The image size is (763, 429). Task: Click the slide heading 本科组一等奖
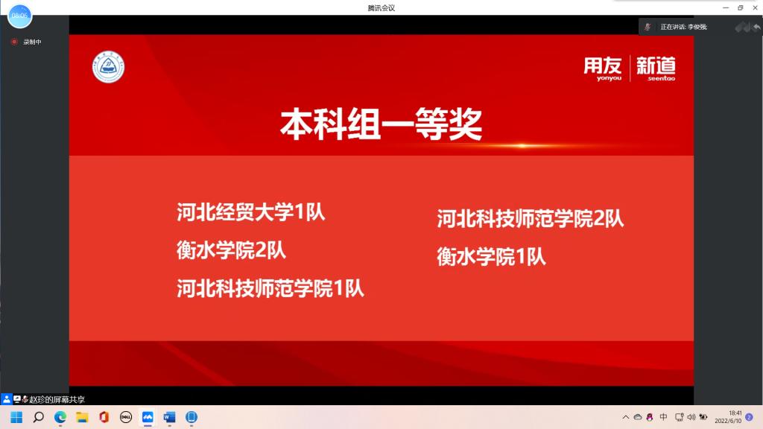tap(381, 124)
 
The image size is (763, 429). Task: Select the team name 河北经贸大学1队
tap(250, 212)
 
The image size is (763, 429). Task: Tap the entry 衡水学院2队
tap(231, 250)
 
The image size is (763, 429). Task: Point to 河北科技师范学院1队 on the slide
tap(270, 288)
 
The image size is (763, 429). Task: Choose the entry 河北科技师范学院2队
tap(530, 218)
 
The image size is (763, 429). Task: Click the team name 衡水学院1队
tap(491, 256)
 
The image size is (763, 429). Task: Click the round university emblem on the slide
tap(108, 66)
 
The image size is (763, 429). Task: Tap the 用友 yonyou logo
tap(602, 69)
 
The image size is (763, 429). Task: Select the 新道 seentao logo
tap(656, 69)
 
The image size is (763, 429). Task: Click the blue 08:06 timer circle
tap(19, 16)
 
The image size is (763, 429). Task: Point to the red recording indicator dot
tap(14, 42)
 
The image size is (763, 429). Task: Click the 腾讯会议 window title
tap(381, 7)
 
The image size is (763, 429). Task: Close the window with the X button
tap(755, 7)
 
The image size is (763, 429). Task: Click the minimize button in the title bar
tap(726, 7)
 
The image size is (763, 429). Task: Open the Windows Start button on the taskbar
tap(16, 417)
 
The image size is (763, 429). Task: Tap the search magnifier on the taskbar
tap(38, 417)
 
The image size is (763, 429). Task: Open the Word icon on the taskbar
tap(169, 417)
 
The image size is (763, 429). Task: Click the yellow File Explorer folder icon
tap(82, 417)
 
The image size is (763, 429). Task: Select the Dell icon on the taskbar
tap(125, 417)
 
